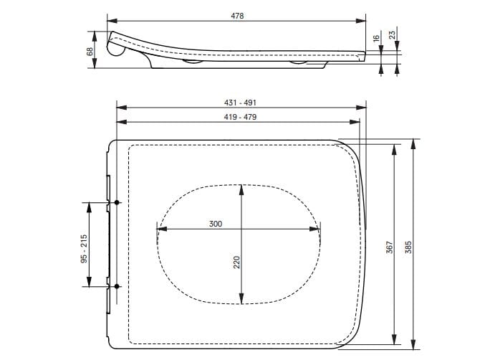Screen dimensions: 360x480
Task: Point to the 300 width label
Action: pyautogui.click(x=216, y=224)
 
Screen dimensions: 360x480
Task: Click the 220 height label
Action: pyautogui.click(x=236, y=263)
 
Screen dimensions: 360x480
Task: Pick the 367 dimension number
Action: pyautogui.click(x=388, y=247)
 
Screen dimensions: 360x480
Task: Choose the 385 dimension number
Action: pyautogui.click(x=410, y=247)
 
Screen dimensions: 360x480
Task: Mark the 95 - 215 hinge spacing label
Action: pyautogui.click(x=83, y=249)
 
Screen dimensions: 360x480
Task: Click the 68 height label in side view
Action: pyautogui.click(x=90, y=50)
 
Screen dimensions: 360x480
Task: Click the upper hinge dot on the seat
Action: pyautogui.click(x=117, y=204)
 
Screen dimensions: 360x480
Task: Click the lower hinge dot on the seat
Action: pyautogui.click(x=117, y=287)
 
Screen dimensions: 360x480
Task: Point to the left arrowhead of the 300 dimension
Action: pyautogui.click(x=159, y=229)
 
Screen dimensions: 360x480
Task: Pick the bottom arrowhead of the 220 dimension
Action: pyautogui.click(x=242, y=300)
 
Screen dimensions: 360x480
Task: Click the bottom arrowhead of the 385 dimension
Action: pyautogui.click(x=414, y=343)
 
